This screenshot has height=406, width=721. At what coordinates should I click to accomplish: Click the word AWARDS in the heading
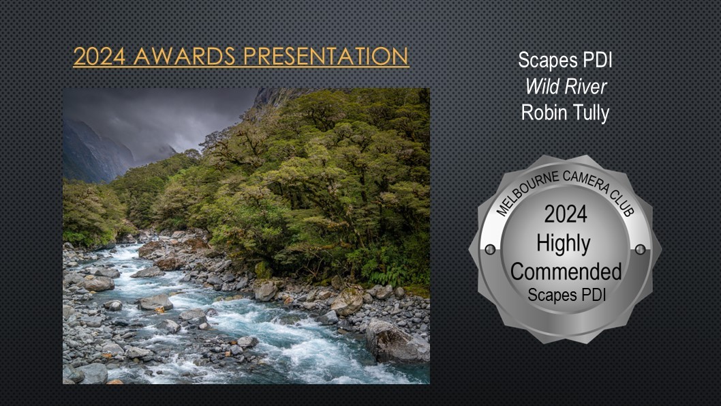[185, 56]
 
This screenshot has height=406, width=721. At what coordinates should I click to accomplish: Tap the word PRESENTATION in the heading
[326, 56]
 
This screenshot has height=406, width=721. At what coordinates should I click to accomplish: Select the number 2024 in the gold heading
[99, 56]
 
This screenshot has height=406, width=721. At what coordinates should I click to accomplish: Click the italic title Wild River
[566, 87]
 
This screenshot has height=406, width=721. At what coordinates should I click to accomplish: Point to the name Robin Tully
[565, 113]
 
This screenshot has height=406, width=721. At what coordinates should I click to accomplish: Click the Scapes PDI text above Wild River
[565, 60]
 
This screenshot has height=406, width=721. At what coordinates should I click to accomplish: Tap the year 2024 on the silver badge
[566, 214]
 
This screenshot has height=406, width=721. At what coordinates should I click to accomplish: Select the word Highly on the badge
[564, 244]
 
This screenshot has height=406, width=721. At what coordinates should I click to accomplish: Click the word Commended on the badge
[566, 272]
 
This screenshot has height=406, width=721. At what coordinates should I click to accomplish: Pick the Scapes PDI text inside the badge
[566, 295]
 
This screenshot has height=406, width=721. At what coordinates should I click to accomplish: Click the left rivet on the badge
[490, 250]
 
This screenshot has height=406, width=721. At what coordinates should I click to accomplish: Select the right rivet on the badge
[640, 250]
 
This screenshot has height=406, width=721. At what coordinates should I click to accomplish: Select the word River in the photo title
[587, 87]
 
